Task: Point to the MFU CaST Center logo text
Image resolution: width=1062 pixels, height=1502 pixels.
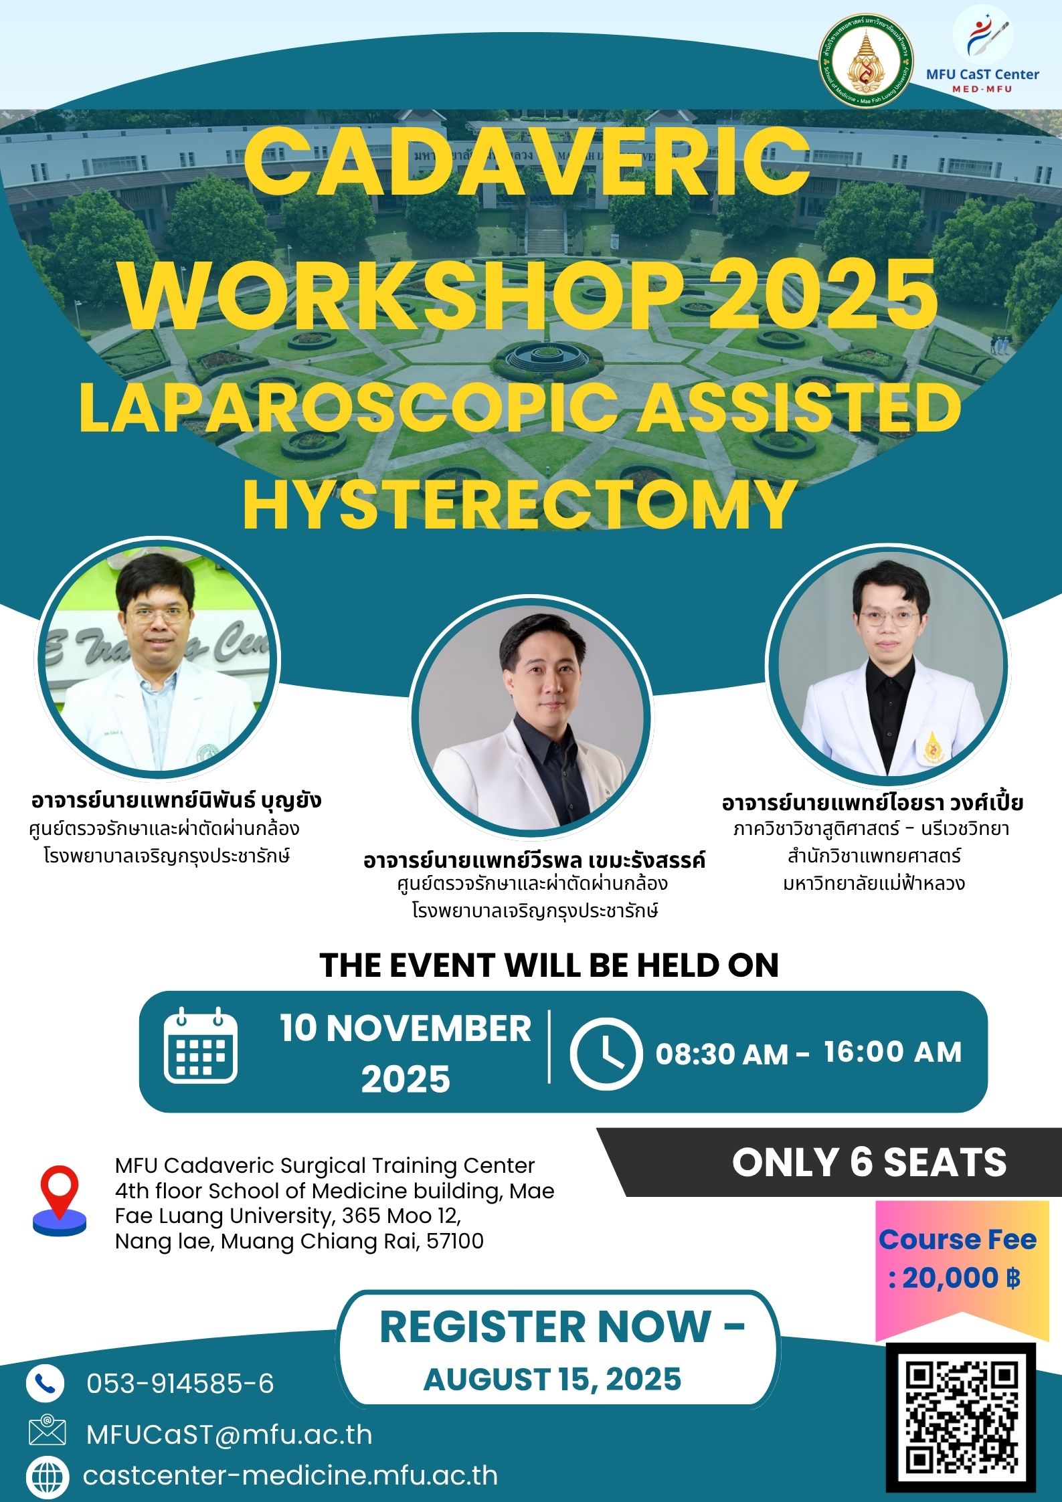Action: (982, 74)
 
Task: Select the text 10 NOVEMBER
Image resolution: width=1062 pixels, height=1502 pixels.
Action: (406, 1028)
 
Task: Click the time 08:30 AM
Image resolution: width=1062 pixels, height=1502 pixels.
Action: (721, 1054)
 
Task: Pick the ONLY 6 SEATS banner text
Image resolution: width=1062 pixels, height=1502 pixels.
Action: (869, 1162)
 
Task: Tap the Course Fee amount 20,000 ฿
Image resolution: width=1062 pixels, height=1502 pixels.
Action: (956, 1279)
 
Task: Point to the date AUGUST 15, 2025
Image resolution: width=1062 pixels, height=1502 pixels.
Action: (553, 1380)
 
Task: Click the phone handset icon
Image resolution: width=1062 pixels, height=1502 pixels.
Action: (46, 1383)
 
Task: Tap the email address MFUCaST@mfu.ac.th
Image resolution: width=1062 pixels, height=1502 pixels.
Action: (229, 1434)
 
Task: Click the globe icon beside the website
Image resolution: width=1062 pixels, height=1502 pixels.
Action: (47, 1477)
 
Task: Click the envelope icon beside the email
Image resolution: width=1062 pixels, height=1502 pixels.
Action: (47, 1432)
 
